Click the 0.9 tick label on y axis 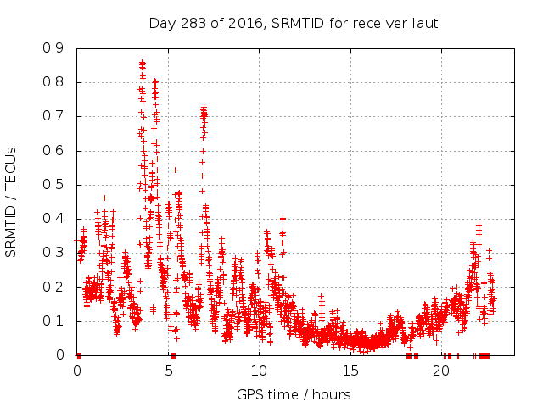(x=53, y=48)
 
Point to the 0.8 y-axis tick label (x=53, y=82)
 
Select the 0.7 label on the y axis (x=53, y=116)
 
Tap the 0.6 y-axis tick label (x=53, y=151)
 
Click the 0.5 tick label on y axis (x=53, y=185)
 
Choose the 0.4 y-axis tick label (x=53, y=219)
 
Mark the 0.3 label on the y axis (x=53, y=253)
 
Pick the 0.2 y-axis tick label (x=53, y=287)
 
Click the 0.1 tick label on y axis (x=53, y=321)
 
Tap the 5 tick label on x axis (x=169, y=372)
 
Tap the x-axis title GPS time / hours (x=294, y=394)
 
